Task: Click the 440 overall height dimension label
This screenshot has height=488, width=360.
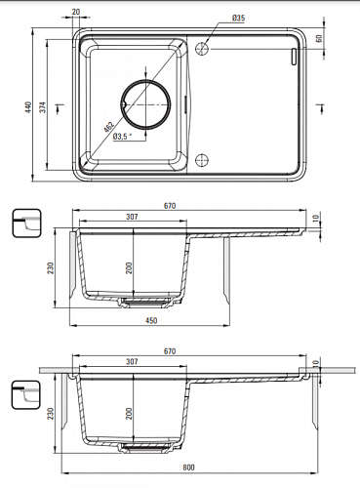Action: point(29,107)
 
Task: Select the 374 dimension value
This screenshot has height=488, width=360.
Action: point(43,107)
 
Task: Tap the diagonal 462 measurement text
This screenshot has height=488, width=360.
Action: point(108,127)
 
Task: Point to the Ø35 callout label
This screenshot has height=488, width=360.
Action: point(238,19)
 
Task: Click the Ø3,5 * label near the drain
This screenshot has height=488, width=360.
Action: point(123,137)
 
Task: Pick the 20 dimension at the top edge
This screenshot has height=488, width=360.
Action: point(76,12)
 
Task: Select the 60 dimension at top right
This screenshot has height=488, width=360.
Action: point(319,38)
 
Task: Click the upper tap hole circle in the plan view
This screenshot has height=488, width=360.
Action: point(202,49)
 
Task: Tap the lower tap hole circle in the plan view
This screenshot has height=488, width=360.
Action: point(202,160)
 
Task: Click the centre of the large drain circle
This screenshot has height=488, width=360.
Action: point(146,104)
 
